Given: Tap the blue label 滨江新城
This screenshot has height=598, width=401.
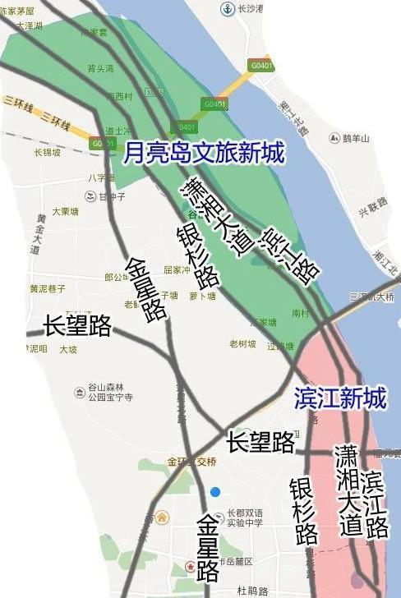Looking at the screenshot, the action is [339, 399].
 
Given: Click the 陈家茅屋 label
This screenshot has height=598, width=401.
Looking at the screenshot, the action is [18, 11].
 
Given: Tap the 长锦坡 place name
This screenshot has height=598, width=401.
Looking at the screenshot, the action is [48, 152].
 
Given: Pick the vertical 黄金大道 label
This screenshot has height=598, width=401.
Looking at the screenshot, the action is [35, 234].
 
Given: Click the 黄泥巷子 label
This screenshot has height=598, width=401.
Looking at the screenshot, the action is [47, 288].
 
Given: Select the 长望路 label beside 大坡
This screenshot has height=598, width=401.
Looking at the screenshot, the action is [78, 326].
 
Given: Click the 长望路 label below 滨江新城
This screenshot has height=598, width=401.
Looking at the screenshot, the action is [261, 442].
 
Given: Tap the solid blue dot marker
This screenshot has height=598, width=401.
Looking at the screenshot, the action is [214, 491].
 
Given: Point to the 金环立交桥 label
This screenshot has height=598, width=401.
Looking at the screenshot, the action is [191, 462].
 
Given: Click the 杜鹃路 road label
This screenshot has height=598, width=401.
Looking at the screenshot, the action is [253, 591].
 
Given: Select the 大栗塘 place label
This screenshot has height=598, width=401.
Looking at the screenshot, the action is [65, 211].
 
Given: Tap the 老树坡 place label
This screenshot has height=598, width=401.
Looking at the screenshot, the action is [243, 343].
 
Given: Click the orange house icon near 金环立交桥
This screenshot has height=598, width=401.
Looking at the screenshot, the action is [162, 517].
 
